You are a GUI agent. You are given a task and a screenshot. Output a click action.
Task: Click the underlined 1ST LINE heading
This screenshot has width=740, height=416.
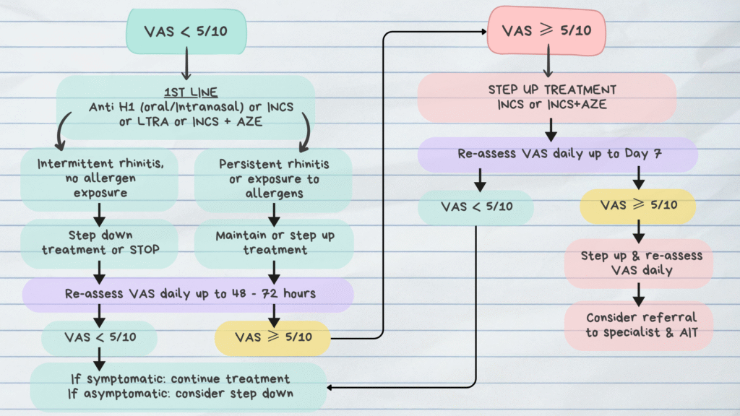(x=186, y=92)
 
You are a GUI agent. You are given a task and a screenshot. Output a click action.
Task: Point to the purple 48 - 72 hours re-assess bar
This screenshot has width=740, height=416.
(x=188, y=294)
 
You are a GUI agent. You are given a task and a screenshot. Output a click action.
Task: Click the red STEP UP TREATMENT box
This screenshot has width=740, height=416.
(x=547, y=97)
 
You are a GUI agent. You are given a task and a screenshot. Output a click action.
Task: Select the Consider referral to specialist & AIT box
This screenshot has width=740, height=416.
(x=638, y=325)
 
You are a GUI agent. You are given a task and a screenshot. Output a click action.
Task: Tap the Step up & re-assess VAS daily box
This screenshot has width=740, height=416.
(x=638, y=263)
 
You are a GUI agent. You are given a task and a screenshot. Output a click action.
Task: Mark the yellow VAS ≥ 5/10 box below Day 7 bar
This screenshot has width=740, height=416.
(x=638, y=205)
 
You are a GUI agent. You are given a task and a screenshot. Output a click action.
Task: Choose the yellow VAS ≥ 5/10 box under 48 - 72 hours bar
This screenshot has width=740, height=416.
(x=273, y=337)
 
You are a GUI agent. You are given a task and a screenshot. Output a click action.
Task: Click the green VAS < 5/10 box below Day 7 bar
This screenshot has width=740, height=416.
(x=476, y=207)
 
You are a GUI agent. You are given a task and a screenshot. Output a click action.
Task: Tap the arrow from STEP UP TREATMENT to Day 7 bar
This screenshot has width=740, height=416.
(x=551, y=129)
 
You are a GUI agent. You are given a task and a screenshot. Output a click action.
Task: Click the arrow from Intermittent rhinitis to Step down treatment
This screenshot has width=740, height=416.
(x=100, y=214)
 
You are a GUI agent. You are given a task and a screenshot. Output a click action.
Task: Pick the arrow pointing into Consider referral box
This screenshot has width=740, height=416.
(x=638, y=292)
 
